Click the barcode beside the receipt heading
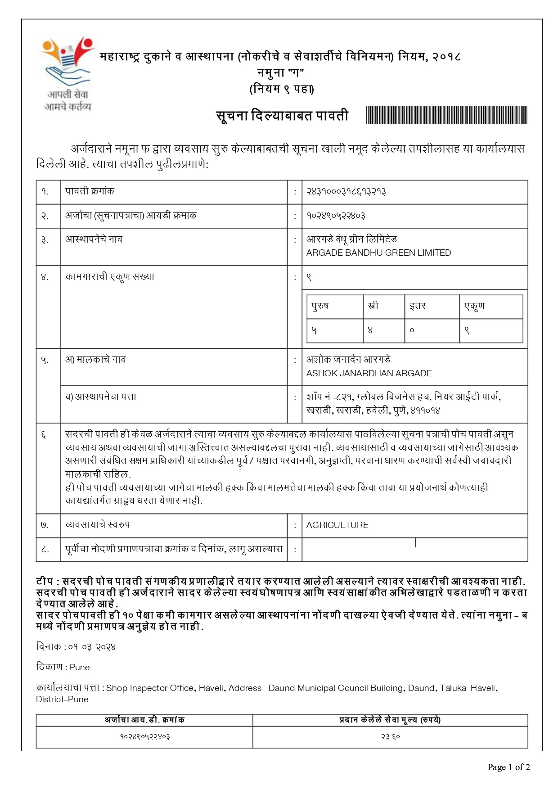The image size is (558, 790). point(446,115)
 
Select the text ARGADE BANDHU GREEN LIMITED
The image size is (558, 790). point(378,253)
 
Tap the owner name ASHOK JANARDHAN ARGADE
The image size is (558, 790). point(369,373)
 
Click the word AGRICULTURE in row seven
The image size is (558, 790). point(337,525)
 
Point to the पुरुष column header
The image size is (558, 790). point(320,306)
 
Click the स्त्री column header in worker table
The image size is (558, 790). point(373,306)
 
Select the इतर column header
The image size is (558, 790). point(418,306)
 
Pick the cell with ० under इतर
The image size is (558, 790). point(412,330)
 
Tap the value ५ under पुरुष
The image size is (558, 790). point(314,330)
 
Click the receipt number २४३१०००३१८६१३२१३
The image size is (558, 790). point(346,191)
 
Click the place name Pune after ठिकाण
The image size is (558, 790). point(80,667)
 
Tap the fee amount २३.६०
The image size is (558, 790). point(390,737)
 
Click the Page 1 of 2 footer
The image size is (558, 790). point(508,767)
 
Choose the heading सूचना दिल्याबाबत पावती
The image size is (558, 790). point(282,116)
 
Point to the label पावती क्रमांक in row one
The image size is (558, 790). point(90,191)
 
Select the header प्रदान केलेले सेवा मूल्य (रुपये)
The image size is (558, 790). point(390,720)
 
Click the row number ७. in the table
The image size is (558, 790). point(45,525)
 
